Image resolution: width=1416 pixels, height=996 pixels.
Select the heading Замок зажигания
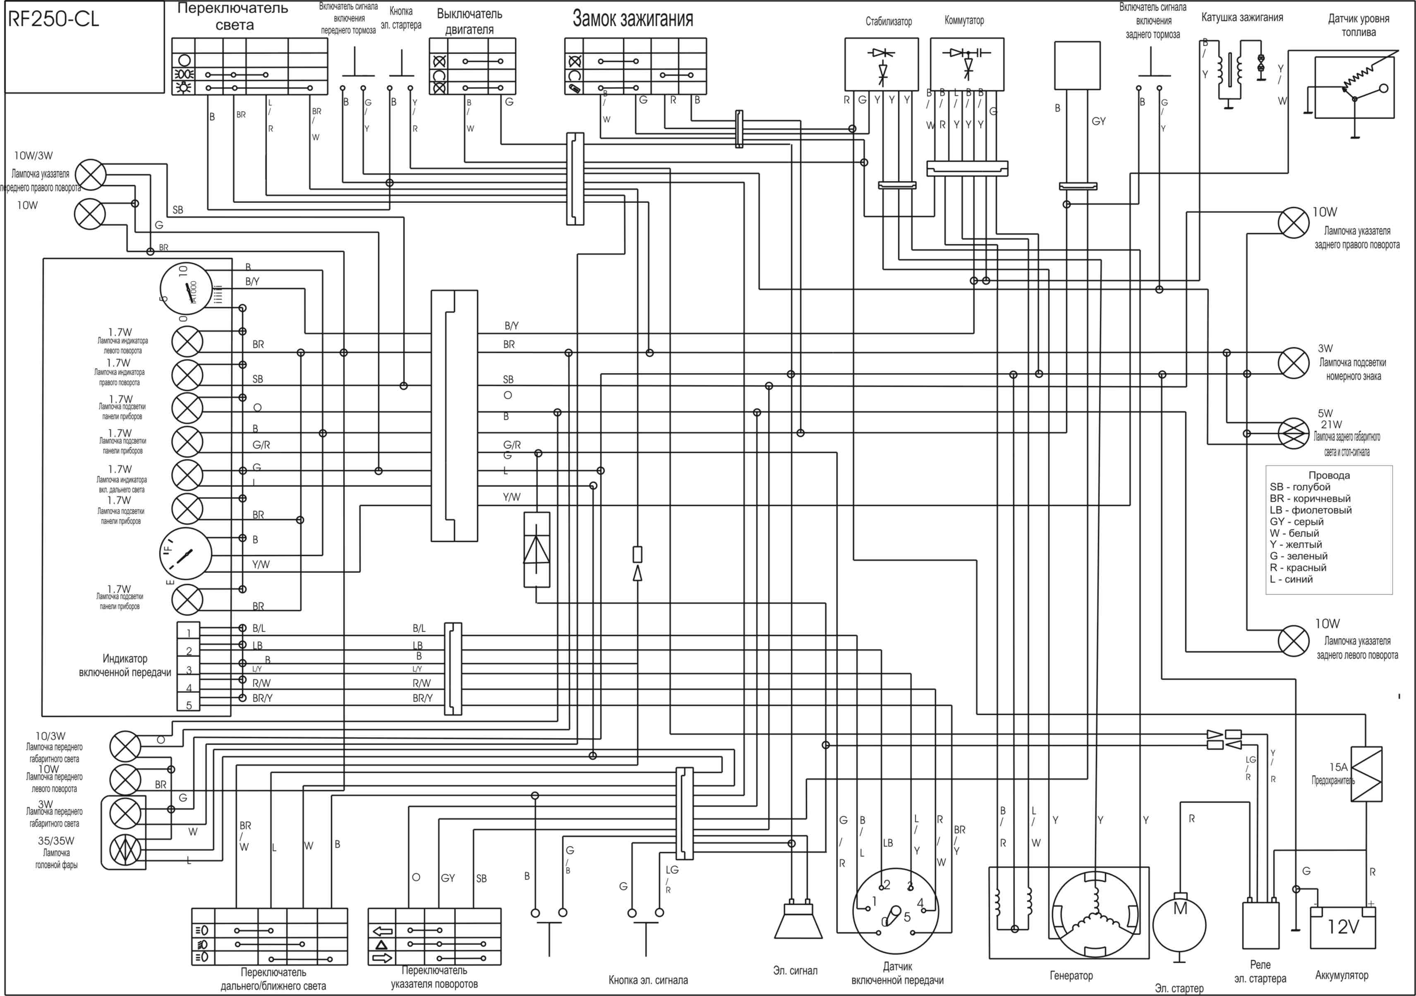[x=633, y=19]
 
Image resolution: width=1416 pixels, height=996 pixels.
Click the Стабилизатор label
[x=888, y=22]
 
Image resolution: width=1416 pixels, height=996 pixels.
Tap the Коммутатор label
[x=964, y=20]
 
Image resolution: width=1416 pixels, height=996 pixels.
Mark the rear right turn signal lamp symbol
[x=1293, y=223]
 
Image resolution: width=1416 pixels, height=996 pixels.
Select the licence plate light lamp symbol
[x=1293, y=362]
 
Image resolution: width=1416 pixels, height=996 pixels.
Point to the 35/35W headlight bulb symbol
[x=125, y=850]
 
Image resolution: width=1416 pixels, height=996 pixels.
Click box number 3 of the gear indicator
[x=189, y=670]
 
